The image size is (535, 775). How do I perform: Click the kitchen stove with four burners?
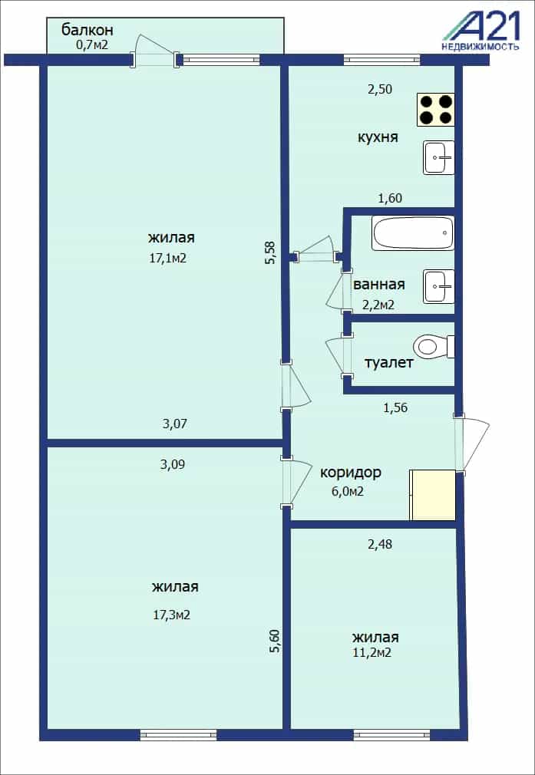(x=436, y=110)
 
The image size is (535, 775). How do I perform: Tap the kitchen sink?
(x=439, y=157)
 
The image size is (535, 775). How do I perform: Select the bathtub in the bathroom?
(x=414, y=233)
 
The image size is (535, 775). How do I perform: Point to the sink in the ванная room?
(x=439, y=286)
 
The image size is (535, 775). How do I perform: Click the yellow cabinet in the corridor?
(x=433, y=495)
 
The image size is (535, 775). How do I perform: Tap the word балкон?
(x=88, y=30)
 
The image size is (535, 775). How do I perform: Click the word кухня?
(x=378, y=137)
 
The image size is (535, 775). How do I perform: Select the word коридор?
(x=351, y=473)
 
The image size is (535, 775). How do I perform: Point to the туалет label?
(x=388, y=363)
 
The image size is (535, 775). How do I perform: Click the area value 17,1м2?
(x=168, y=258)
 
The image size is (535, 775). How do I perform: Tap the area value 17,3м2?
(x=172, y=615)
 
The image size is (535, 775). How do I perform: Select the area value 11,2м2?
(x=372, y=653)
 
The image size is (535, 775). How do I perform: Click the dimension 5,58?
(x=270, y=252)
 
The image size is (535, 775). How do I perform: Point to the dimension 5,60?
(x=275, y=641)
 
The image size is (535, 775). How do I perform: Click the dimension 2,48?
(x=378, y=545)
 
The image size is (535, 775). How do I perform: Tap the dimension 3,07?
(x=174, y=424)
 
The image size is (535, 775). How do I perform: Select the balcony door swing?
(x=155, y=50)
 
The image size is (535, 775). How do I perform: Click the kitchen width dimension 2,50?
(x=378, y=90)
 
